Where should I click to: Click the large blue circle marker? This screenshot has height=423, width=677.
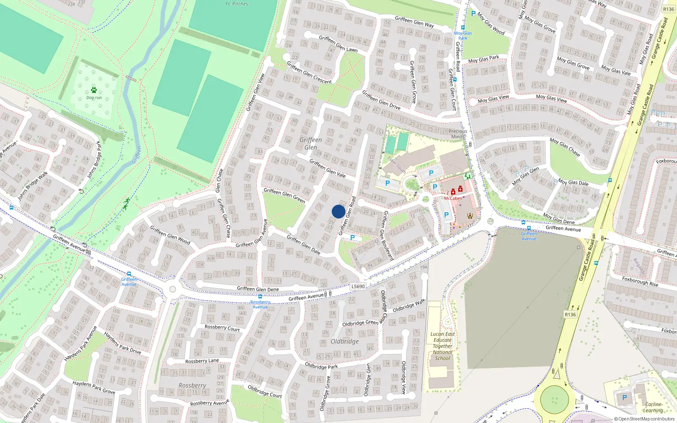338,211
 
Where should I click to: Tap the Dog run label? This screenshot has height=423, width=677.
94,98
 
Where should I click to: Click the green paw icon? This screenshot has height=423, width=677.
94,90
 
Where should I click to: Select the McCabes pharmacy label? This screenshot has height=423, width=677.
453,198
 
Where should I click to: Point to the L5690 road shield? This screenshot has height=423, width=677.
358,286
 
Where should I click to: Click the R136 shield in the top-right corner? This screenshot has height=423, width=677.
669,9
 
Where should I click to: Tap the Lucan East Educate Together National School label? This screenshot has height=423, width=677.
443,346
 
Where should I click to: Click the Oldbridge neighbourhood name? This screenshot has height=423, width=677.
344,341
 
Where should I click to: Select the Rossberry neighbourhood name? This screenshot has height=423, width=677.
192,385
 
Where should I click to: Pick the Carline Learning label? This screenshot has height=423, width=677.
653,407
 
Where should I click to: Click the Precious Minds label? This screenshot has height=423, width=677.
457,134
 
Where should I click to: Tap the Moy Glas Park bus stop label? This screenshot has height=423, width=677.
463,36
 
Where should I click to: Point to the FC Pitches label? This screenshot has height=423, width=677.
237,4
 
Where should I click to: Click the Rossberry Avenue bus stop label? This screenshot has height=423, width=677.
260,305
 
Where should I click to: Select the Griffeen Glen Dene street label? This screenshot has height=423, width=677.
258,289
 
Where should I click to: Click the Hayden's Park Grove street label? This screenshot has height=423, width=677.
94,387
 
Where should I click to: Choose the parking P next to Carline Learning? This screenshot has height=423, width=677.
625,398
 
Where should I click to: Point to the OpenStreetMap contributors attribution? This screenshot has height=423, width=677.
644,419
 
